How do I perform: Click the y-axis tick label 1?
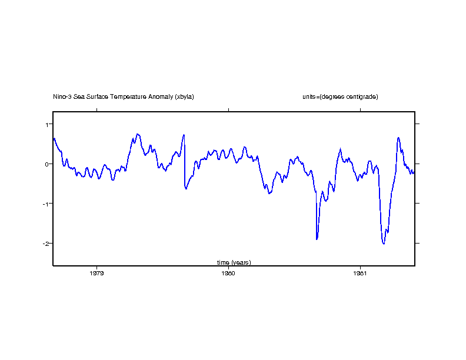point(46,124)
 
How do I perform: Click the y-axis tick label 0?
point(46,164)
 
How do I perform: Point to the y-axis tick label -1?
point(45,204)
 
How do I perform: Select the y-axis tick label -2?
point(45,243)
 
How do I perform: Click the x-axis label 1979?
point(96,273)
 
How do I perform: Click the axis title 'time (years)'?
point(234,262)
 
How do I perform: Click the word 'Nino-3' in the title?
point(62,96)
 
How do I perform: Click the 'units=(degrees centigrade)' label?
point(336,96)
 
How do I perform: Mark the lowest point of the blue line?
point(384,244)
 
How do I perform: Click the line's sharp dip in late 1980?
point(317,239)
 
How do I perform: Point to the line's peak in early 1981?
point(398,138)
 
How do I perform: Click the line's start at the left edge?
point(54,139)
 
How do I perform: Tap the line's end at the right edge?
point(414,172)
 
